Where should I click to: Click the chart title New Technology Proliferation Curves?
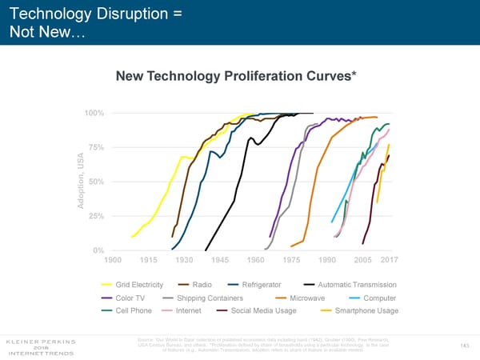pos(236,76)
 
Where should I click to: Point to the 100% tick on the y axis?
pos(93,113)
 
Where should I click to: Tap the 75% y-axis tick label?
pos(94,147)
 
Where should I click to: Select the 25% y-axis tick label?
pos(94,217)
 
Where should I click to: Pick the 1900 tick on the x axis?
pos(113,261)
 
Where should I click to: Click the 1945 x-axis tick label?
pos(220,261)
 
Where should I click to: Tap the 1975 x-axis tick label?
pos(291,261)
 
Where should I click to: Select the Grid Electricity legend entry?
pos(139,285)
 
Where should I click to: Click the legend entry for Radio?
pos(202,285)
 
